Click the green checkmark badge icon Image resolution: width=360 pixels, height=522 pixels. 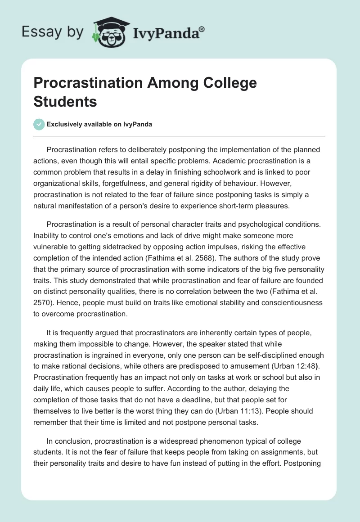[39, 124]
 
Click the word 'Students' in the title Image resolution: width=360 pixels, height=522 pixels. [65, 101]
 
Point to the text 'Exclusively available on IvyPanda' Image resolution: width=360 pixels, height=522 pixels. [99, 124]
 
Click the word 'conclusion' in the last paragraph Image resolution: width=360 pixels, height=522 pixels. [73, 442]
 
